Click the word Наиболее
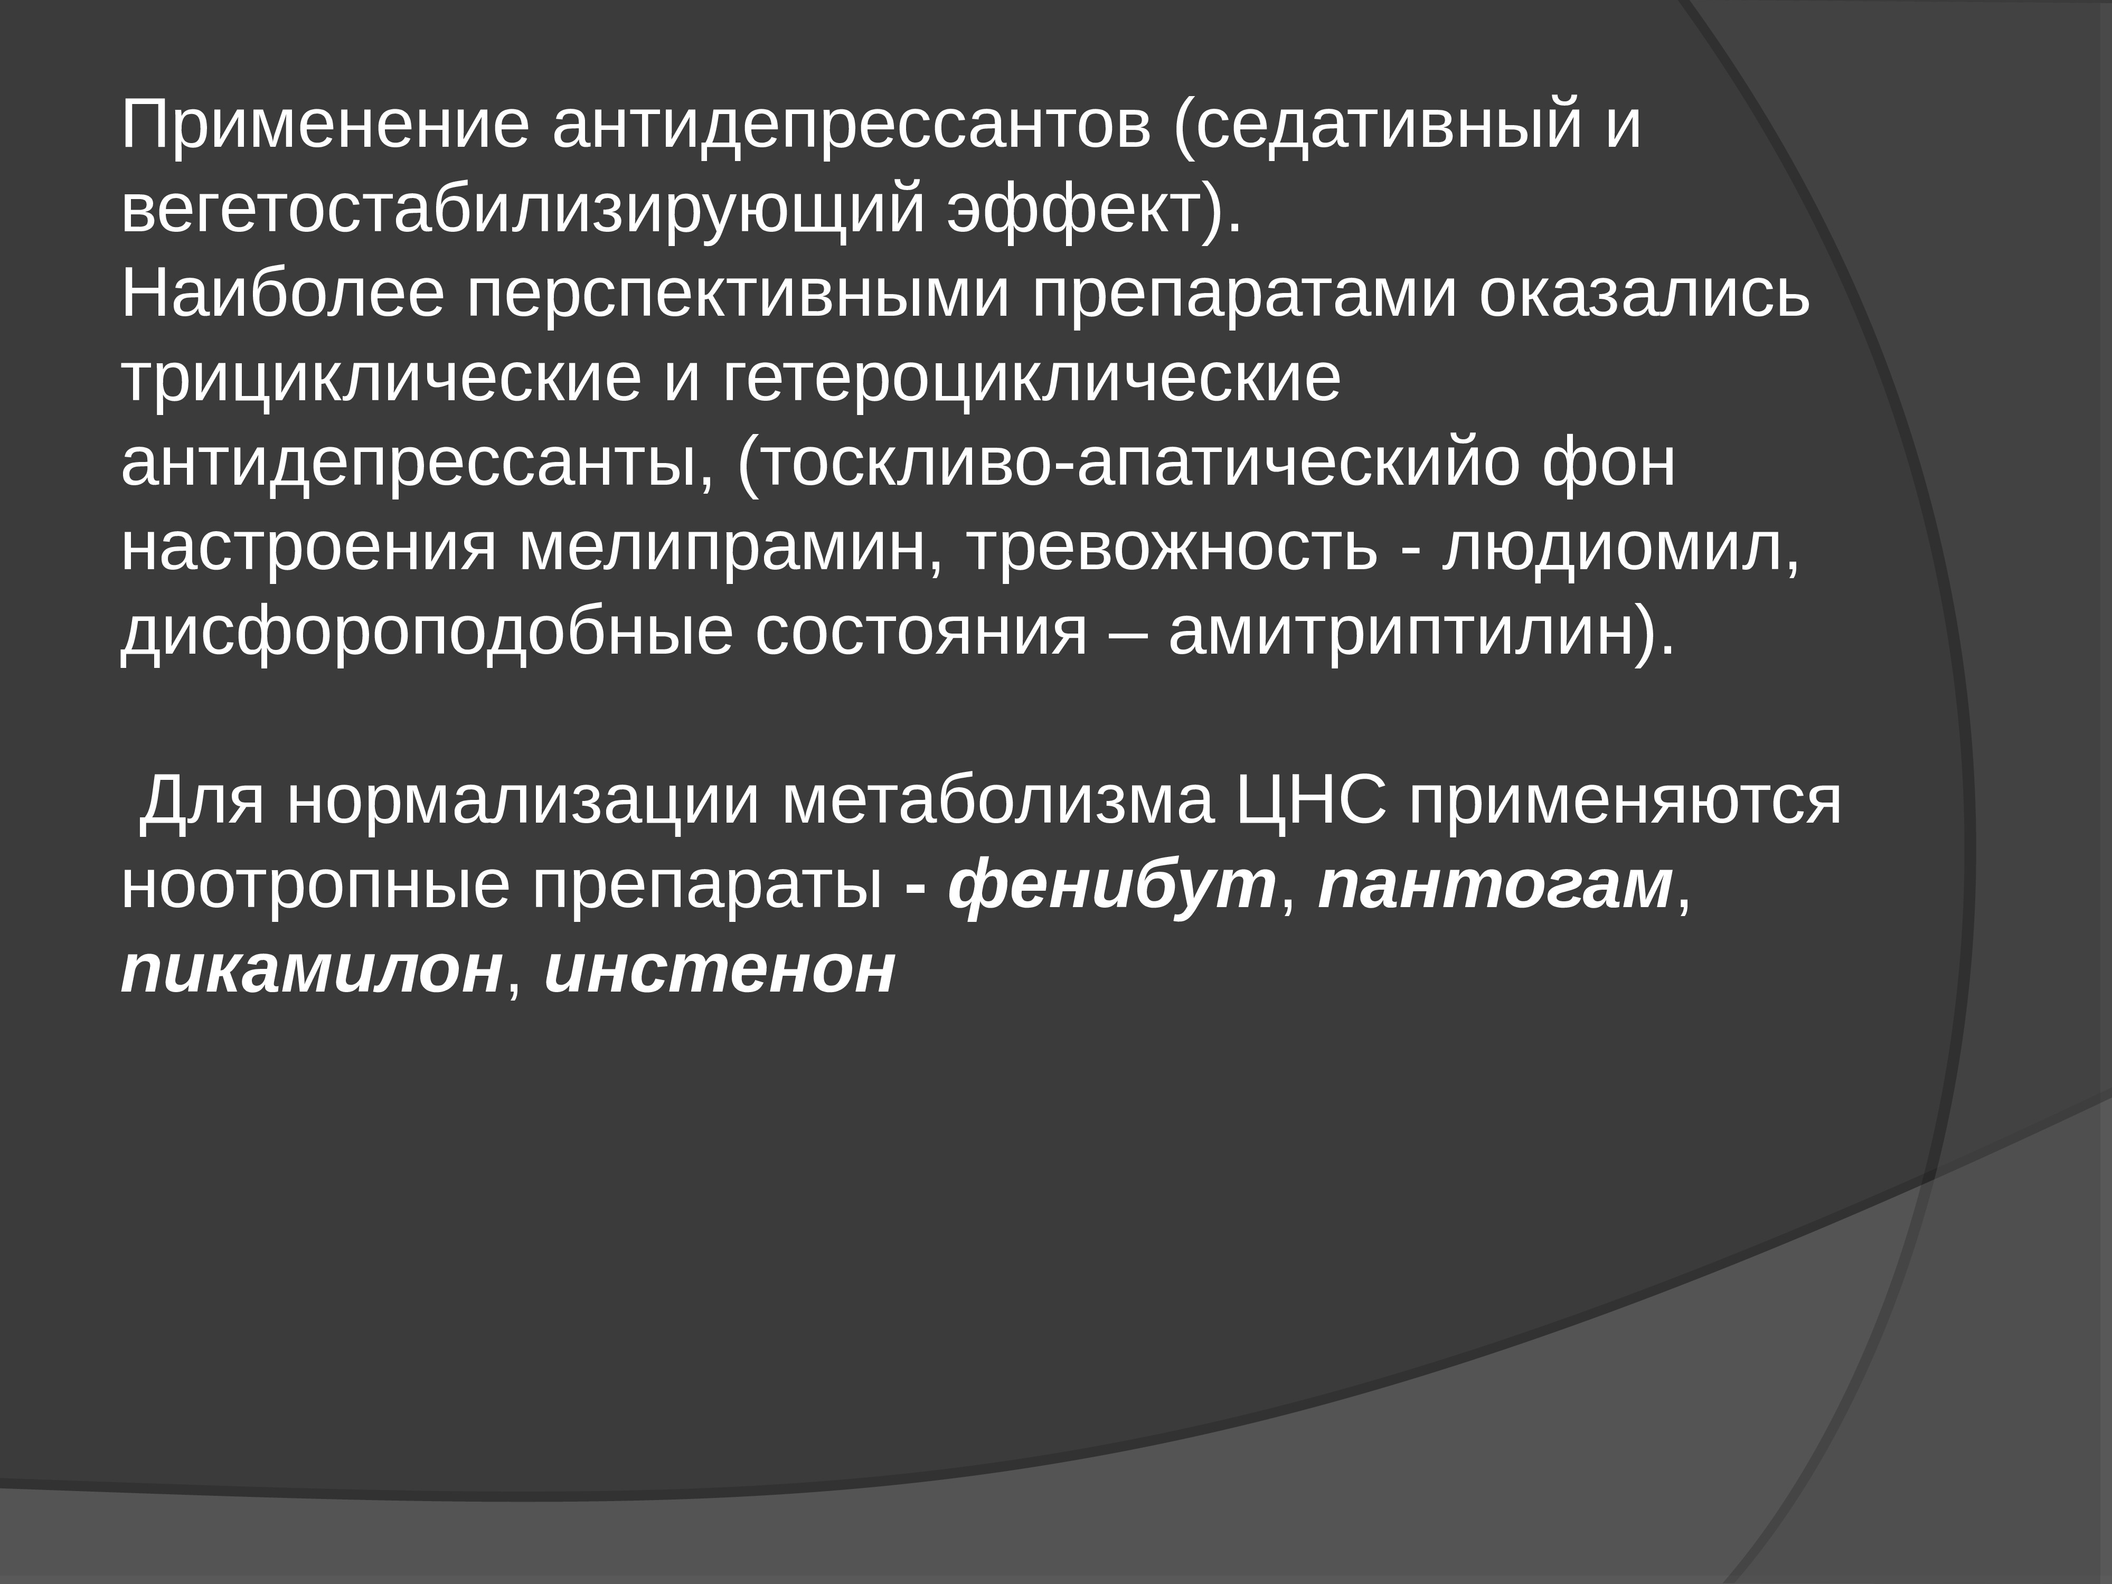tap(281, 294)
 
